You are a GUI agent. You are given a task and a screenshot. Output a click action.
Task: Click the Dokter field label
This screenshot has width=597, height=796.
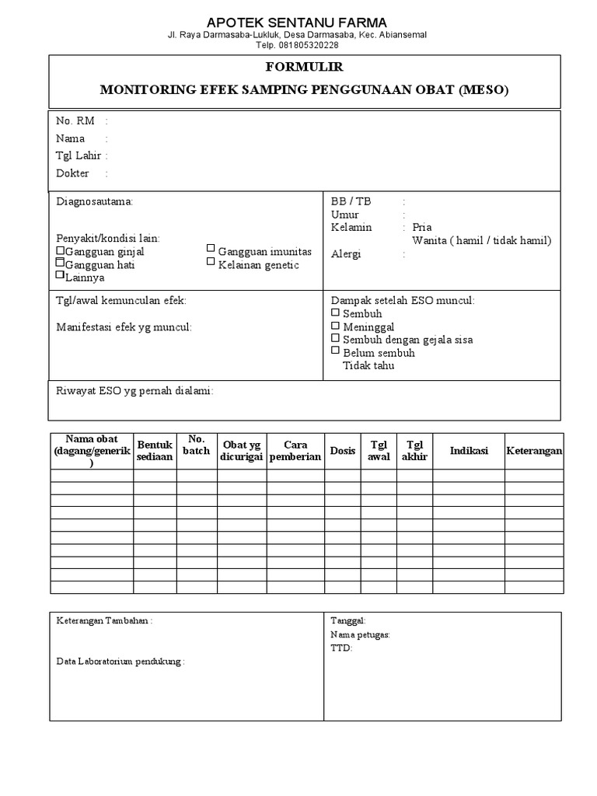click(x=72, y=173)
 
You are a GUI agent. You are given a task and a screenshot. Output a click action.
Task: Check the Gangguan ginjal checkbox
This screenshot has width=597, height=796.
click(x=61, y=252)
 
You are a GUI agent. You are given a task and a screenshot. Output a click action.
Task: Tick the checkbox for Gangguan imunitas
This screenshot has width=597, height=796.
click(x=211, y=249)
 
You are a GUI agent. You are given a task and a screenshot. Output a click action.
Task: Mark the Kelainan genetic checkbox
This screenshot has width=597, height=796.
click(x=211, y=262)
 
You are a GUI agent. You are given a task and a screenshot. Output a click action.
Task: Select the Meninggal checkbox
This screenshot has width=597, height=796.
click(x=336, y=326)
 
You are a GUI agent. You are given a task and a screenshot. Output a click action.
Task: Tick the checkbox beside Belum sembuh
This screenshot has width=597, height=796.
click(x=336, y=351)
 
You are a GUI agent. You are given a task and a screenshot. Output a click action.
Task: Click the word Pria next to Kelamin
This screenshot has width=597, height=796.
click(x=422, y=228)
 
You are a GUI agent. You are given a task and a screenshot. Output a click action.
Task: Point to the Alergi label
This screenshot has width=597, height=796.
click(x=346, y=254)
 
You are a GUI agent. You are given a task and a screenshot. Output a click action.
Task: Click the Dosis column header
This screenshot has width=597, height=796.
click(x=342, y=450)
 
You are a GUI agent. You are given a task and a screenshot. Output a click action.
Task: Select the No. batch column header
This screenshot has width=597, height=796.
click(x=196, y=445)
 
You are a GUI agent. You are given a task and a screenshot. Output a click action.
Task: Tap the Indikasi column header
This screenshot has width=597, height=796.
click(x=469, y=450)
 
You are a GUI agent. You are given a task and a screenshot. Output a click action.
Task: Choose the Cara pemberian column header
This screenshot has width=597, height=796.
click(x=295, y=451)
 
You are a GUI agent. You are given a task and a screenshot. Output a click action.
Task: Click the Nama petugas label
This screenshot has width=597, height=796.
click(x=361, y=634)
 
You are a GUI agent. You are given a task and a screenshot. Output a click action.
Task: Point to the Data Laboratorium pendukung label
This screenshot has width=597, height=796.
click(x=120, y=662)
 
